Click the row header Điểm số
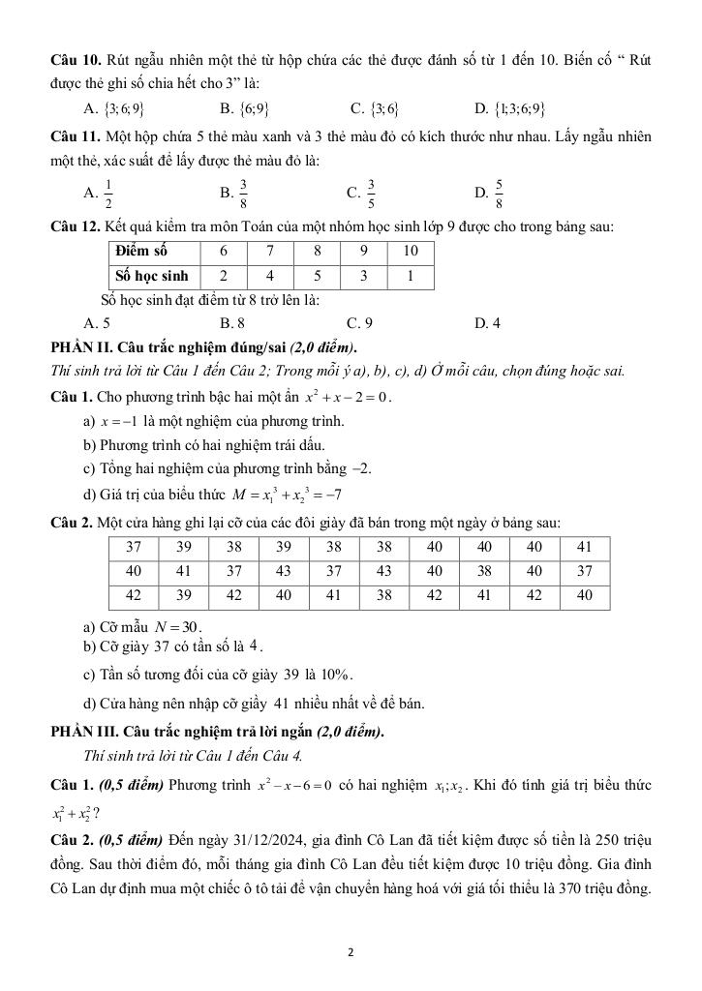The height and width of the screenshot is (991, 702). pyautogui.click(x=140, y=252)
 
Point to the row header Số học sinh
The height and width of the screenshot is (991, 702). pyautogui.click(x=151, y=276)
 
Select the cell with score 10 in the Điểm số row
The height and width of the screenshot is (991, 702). pyautogui.click(x=411, y=252)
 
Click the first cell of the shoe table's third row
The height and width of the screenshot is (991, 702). pyautogui.click(x=134, y=595)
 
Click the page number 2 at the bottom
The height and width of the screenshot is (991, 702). pyautogui.click(x=351, y=952)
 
